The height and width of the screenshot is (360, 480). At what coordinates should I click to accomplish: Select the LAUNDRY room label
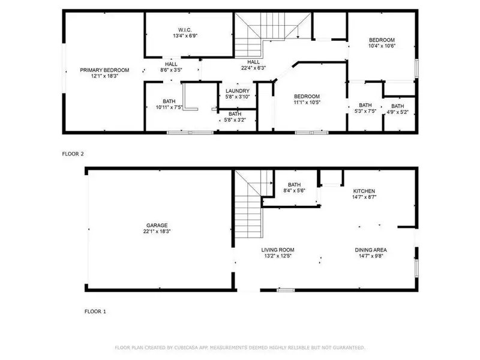coord(237,91)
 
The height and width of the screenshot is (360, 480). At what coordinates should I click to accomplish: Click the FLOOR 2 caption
coord(73,154)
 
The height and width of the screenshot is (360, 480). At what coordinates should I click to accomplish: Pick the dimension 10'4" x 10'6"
coord(382,46)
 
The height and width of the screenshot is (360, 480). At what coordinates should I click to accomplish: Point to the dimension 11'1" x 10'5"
coord(306,103)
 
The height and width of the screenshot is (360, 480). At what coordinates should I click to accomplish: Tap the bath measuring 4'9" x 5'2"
coord(398,109)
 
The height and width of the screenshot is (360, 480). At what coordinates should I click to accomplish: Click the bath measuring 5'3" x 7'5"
coord(365,108)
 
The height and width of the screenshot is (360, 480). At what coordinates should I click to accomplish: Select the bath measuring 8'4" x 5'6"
coord(295,188)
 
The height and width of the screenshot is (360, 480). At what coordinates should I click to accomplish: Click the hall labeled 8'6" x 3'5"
coord(172,67)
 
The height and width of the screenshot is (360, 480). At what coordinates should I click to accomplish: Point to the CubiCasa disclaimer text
coord(239,347)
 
